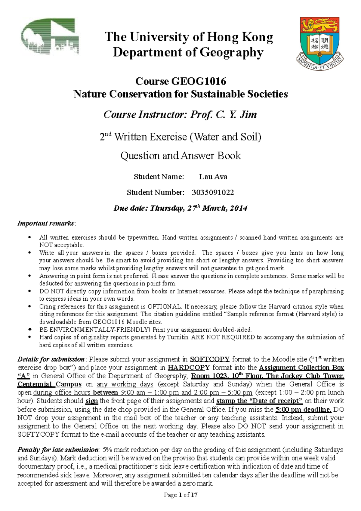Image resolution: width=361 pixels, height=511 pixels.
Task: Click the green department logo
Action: tap(50, 37)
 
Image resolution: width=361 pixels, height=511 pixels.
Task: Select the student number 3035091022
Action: tap(213, 192)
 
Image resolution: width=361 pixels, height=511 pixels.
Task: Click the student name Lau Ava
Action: tap(213, 177)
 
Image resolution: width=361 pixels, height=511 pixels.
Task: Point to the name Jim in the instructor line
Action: tap(248, 115)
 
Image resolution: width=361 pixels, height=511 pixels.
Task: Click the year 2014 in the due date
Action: tap(239, 208)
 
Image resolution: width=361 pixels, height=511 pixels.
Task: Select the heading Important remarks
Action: tap(46, 223)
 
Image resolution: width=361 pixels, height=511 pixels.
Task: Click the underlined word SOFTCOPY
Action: tap(210, 359)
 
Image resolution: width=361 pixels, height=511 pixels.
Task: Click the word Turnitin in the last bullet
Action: tap(178, 337)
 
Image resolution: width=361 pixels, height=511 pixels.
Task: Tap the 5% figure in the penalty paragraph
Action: tap(107, 450)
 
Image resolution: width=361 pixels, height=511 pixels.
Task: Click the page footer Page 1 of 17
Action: tap(180, 495)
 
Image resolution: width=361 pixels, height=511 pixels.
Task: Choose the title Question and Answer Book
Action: tap(180, 156)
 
